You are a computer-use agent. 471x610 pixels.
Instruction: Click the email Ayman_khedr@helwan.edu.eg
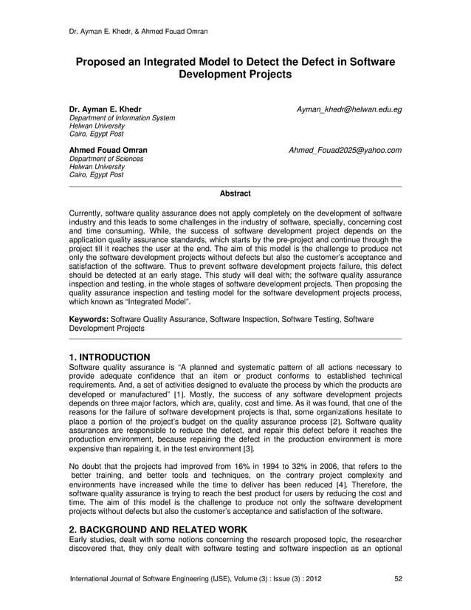click(x=348, y=109)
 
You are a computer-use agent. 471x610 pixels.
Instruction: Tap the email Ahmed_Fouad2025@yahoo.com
click(x=345, y=151)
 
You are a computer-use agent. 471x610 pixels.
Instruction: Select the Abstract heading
click(x=235, y=193)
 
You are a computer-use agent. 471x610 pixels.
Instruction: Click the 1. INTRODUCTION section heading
click(x=109, y=357)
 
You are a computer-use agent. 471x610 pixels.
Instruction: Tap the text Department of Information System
click(x=122, y=118)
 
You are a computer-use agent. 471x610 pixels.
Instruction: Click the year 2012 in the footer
click(x=311, y=578)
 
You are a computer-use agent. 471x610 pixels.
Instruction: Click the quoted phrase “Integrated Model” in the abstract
click(x=163, y=301)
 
